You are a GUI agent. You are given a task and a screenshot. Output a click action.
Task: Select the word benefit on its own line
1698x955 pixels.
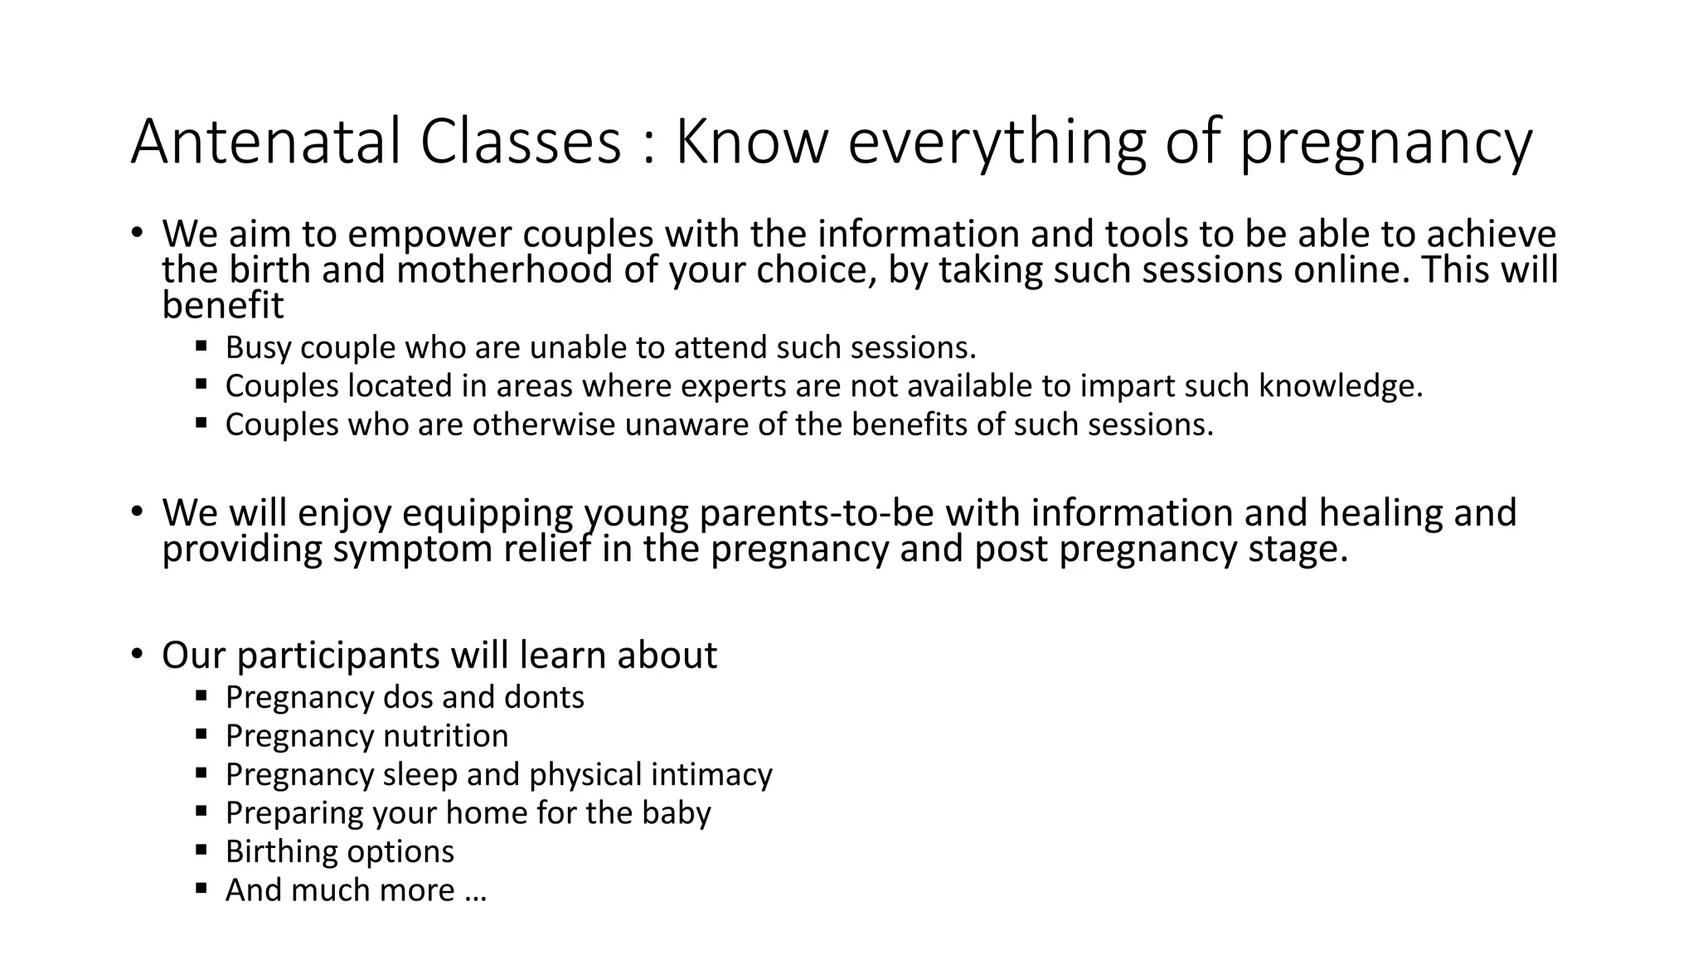click(222, 306)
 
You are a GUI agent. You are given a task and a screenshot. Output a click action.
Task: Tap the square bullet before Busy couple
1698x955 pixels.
click(201, 344)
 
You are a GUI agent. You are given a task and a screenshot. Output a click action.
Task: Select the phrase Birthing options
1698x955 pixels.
click(339, 851)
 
